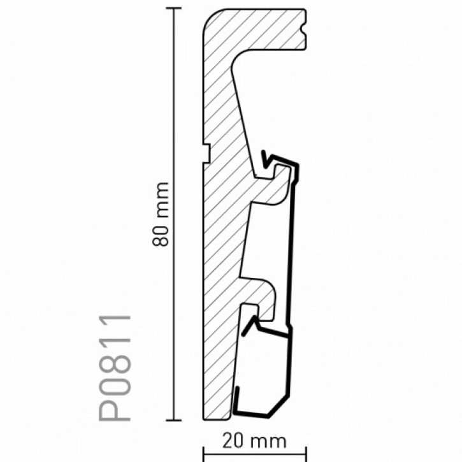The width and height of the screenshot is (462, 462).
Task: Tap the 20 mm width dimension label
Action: [254, 440]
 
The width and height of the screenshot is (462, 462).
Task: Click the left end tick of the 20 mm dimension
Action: [203, 454]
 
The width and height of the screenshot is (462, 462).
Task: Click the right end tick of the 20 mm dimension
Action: [305, 454]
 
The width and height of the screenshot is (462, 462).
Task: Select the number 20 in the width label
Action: [233, 440]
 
